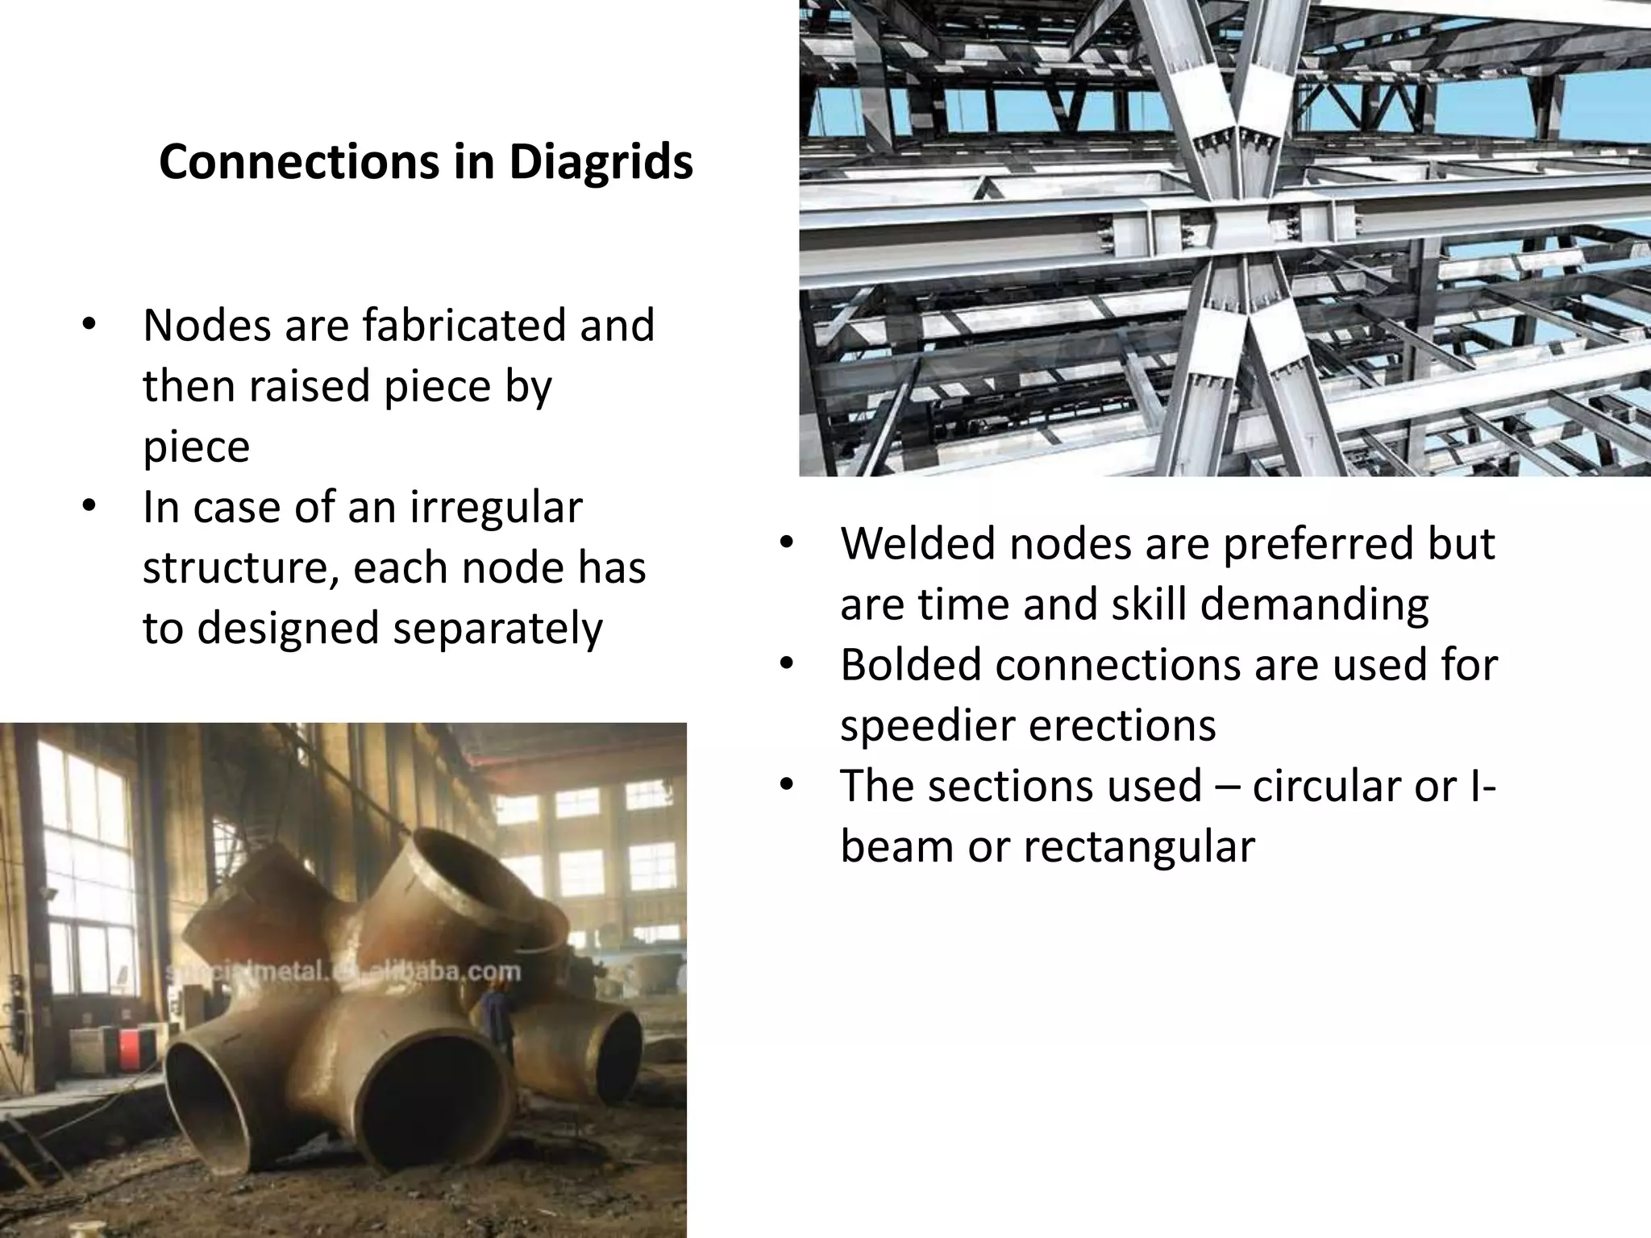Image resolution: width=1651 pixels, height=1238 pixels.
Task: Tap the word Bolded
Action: (910, 665)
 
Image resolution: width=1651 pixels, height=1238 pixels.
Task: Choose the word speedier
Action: (924, 725)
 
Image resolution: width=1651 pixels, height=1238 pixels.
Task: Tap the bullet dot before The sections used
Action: (787, 786)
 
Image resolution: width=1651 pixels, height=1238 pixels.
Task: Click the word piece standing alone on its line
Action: (196, 447)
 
